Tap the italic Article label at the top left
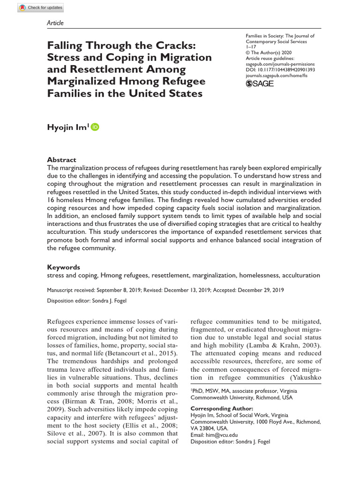coord(55,23)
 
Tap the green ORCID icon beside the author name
coord(95,127)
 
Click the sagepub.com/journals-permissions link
coord(280,64)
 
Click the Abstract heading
coord(62,159)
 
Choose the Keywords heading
coord(64,267)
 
